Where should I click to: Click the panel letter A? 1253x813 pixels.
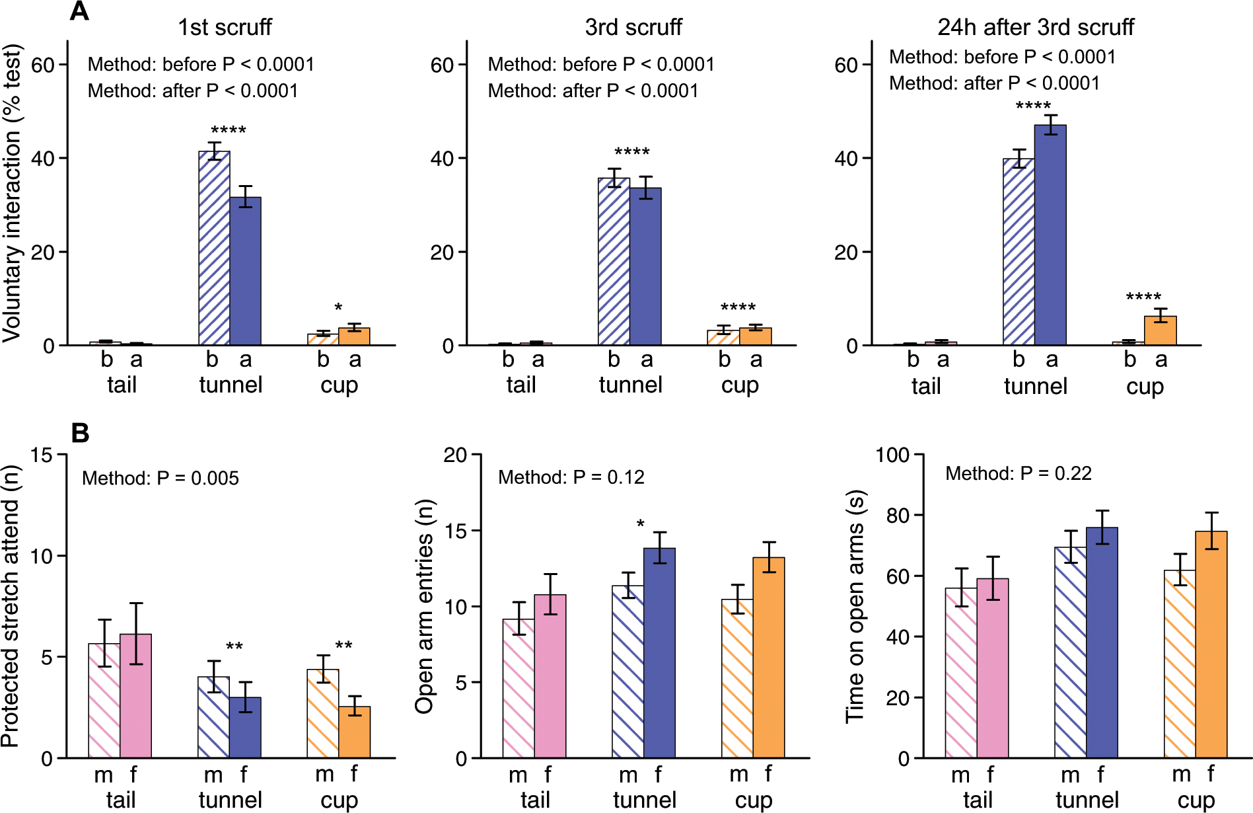click(x=79, y=11)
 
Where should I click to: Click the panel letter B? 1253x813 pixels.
click(x=80, y=434)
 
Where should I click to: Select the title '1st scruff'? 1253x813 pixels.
click(x=225, y=27)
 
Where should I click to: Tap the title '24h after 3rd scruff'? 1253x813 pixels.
click(x=1035, y=27)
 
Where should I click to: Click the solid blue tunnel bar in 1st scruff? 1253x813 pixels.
click(x=246, y=271)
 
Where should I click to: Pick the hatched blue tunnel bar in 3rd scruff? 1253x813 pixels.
click(x=614, y=262)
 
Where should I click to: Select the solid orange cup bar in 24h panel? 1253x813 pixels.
click(x=1161, y=331)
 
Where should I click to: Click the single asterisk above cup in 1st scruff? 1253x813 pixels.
click(x=338, y=308)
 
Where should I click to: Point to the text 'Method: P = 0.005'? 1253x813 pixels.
click(x=161, y=478)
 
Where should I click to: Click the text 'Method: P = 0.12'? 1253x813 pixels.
click(x=571, y=477)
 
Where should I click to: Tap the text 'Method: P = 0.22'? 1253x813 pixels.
click(x=1019, y=473)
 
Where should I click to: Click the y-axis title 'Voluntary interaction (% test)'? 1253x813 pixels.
click(x=12, y=193)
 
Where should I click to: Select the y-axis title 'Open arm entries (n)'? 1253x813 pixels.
click(x=425, y=606)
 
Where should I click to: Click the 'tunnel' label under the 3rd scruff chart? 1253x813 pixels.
click(x=630, y=385)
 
